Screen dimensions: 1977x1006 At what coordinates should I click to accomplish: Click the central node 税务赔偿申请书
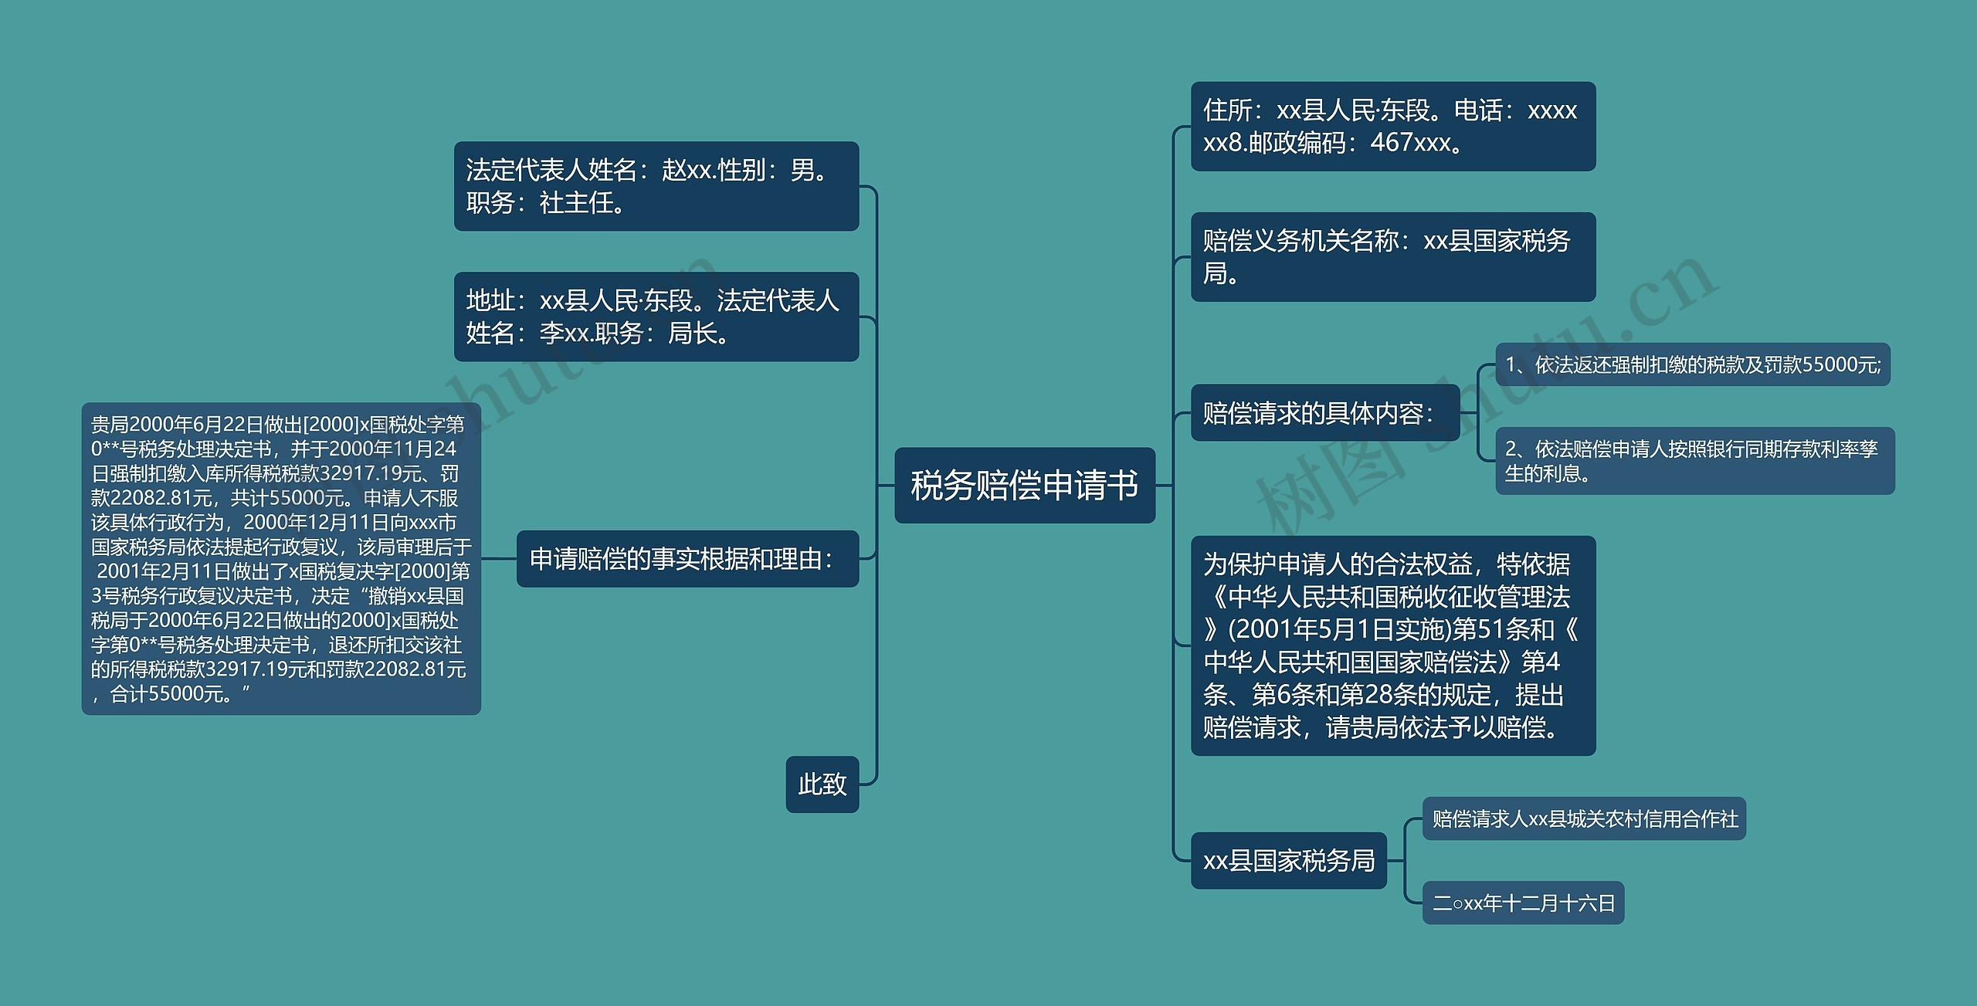(x=1024, y=485)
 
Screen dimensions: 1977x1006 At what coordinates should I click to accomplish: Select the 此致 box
(x=822, y=784)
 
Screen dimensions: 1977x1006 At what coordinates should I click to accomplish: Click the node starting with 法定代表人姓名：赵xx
(x=656, y=186)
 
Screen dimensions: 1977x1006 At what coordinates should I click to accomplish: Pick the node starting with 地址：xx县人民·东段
(x=656, y=317)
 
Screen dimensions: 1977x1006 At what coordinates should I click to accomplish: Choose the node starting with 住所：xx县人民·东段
(x=1392, y=127)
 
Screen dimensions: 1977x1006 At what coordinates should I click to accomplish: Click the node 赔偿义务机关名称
(x=1392, y=257)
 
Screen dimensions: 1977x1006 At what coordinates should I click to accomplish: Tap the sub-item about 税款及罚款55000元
(x=1692, y=364)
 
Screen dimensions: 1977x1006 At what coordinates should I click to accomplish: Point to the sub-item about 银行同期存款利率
(x=1694, y=461)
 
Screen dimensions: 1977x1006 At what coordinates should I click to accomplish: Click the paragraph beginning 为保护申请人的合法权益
(x=1392, y=645)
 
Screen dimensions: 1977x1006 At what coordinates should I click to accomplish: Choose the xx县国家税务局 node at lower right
(x=1288, y=860)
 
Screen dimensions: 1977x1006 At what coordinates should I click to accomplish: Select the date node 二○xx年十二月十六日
(x=1523, y=903)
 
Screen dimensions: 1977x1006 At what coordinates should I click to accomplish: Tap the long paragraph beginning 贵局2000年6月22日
(x=281, y=558)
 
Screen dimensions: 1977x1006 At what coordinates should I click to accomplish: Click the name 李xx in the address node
(x=565, y=334)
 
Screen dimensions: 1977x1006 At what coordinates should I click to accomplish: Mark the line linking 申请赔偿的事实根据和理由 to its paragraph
(x=499, y=558)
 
